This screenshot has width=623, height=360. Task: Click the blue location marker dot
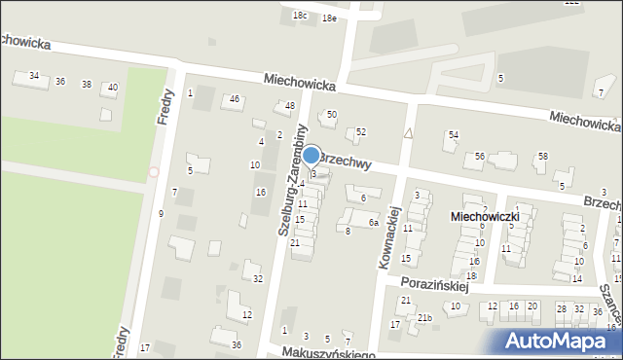[311, 155]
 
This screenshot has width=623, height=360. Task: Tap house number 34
[34, 76]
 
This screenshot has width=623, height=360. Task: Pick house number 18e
[329, 18]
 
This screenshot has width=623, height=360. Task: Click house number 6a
[373, 223]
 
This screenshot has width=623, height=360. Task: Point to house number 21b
[424, 318]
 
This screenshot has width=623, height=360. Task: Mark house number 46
[234, 99]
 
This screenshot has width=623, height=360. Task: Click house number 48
[289, 105]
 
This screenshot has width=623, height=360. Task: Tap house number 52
[360, 131]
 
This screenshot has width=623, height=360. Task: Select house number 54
[453, 134]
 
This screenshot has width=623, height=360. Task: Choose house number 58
[543, 156]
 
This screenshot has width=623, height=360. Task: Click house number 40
[113, 88]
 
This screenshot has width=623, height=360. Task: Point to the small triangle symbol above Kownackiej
[409, 133]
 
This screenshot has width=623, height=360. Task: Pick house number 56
[480, 156]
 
